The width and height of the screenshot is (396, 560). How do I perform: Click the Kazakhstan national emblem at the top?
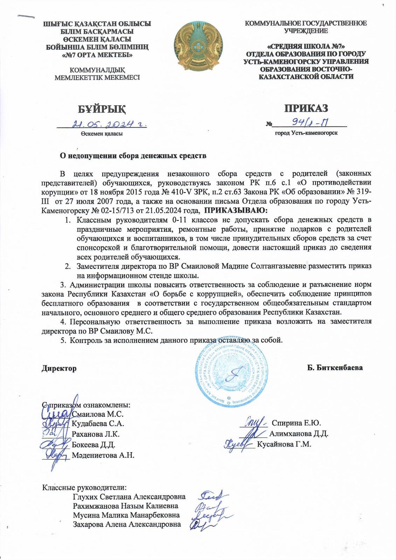(x=198, y=46)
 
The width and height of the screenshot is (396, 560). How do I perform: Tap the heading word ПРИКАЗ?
(x=306, y=107)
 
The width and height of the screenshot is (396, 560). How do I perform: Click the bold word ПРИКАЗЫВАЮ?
(x=235, y=211)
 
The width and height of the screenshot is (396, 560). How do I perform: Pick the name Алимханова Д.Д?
(x=298, y=434)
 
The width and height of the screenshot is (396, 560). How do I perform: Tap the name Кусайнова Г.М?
(x=284, y=444)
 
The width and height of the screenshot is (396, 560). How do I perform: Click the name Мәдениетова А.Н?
(x=103, y=455)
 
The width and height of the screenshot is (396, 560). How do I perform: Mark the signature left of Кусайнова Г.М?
(x=238, y=444)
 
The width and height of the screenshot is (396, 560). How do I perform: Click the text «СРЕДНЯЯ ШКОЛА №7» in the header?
(x=306, y=47)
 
